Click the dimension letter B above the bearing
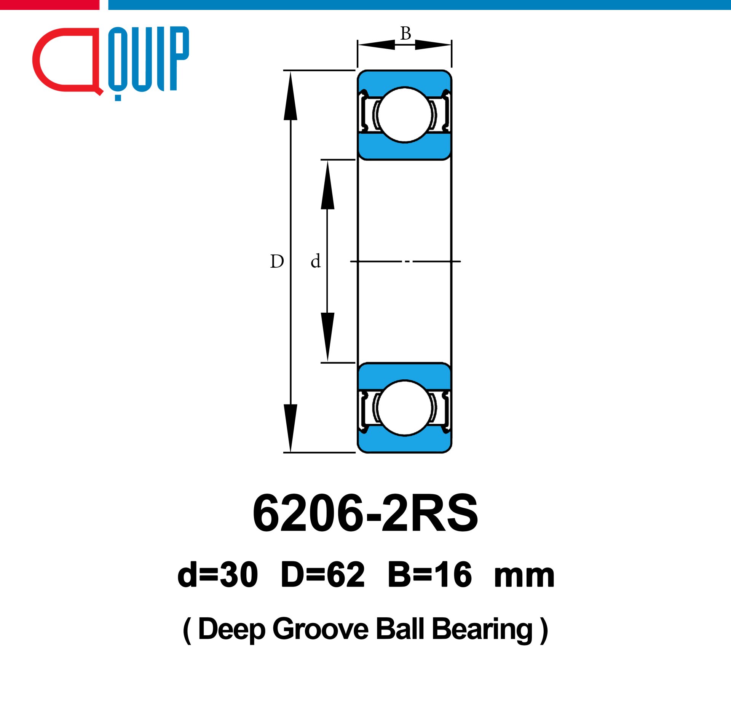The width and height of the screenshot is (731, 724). pyautogui.click(x=405, y=34)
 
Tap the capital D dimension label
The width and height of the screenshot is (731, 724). pyautogui.click(x=277, y=262)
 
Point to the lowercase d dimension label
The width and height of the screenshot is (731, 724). pyautogui.click(x=315, y=261)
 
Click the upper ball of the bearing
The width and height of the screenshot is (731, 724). pyautogui.click(x=405, y=115)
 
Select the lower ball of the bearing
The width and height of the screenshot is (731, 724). pyautogui.click(x=405, y=408)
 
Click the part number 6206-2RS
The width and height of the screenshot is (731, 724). pyautogui.click(x=365, y=513)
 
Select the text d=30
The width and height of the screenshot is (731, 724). pyautogui.click(x=217, y=575)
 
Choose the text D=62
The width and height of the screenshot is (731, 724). pyautogui.click(x=322, y=575)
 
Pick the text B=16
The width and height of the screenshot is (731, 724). pyautogui.click(x=430, y=575)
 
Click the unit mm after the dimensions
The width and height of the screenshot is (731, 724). pyautogui.click(x=524, y=577)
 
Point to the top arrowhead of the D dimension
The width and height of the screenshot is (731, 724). pyautogui.click(x=290, y=95)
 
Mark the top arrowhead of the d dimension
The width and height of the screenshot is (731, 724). pyautogui.click(x=327, y=185)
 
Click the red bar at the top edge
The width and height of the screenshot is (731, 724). pyautogui.click(x=49, y=5)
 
